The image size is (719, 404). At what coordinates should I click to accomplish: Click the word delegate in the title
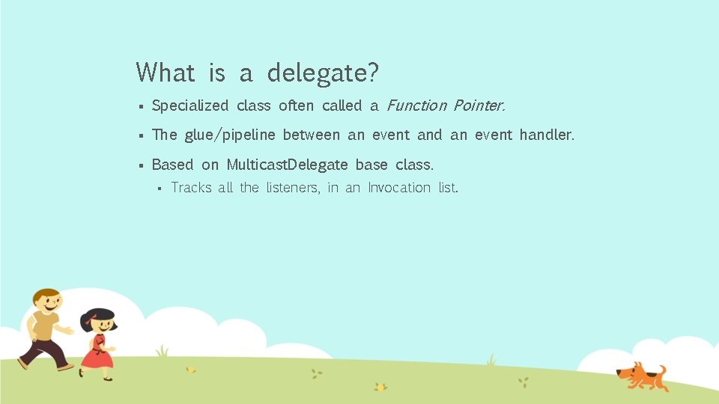[323, 73]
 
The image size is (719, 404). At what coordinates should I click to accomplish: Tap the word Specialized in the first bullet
[189, 106]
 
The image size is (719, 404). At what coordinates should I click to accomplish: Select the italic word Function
[416, 105]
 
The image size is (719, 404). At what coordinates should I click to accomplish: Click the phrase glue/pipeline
[229, 135]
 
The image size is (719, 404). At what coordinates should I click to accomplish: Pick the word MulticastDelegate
[287, 165]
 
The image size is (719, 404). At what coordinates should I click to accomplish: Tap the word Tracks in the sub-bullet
[191, 188]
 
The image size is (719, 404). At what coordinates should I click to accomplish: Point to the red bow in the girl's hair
[91, 324]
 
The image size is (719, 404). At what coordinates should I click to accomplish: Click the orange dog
[640, 374]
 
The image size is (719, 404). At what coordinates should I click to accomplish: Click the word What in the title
[166, 73]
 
